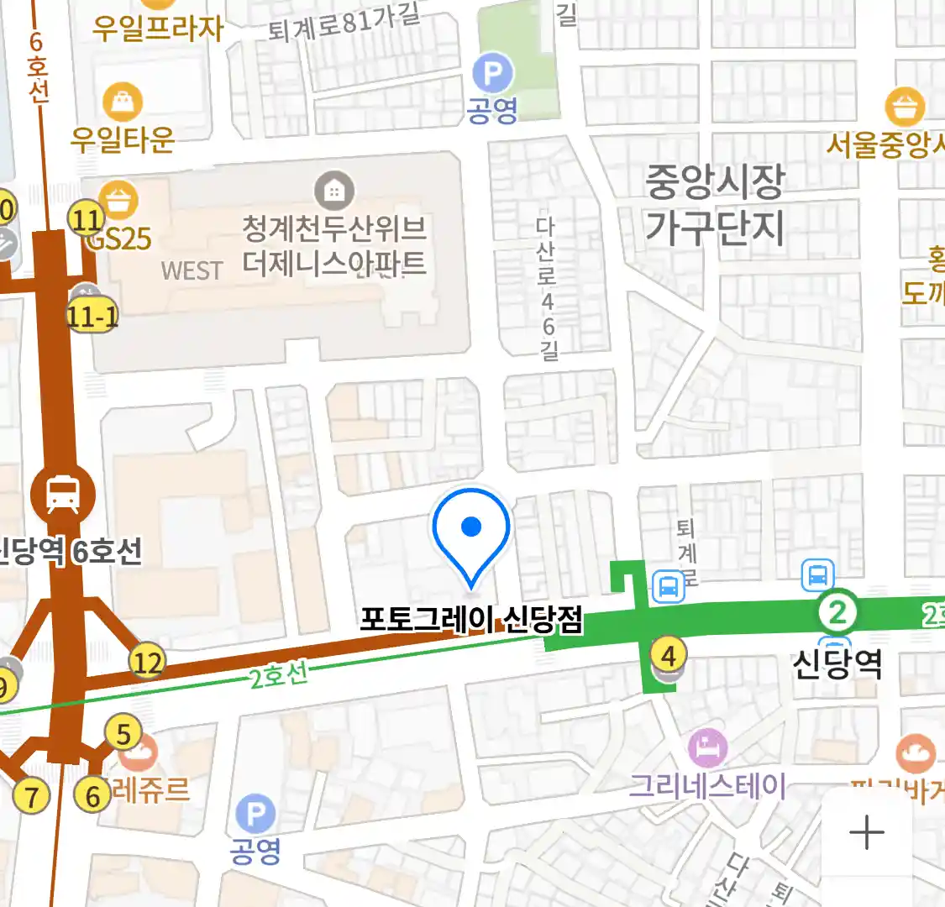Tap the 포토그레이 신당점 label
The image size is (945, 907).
[x=471, y=620]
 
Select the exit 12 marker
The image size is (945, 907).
[x=147, y=663]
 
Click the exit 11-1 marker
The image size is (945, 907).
[x=92, y=317]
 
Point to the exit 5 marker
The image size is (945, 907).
[x=123, y=734]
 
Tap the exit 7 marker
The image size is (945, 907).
[x=32, y=795]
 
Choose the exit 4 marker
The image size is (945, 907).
[x=669, y=655]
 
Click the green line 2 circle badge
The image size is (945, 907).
[x=837, y=612]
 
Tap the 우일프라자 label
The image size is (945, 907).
[x=158, y=29]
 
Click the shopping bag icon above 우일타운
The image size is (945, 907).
[x=123, y=102]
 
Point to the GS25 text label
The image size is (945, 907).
[x=119, y=240]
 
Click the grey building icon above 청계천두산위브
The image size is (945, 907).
[x=334, y=191]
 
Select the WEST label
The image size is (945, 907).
[x=192, y=271]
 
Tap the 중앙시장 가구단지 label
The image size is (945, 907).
[x=715, y=204]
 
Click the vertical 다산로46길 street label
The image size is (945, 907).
[x=547, y=288]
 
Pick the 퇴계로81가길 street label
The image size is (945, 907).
[x=344, y=23]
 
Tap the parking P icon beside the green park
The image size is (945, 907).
[x=492, y=75]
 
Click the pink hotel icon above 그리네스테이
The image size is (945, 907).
[x=707, y=747]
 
